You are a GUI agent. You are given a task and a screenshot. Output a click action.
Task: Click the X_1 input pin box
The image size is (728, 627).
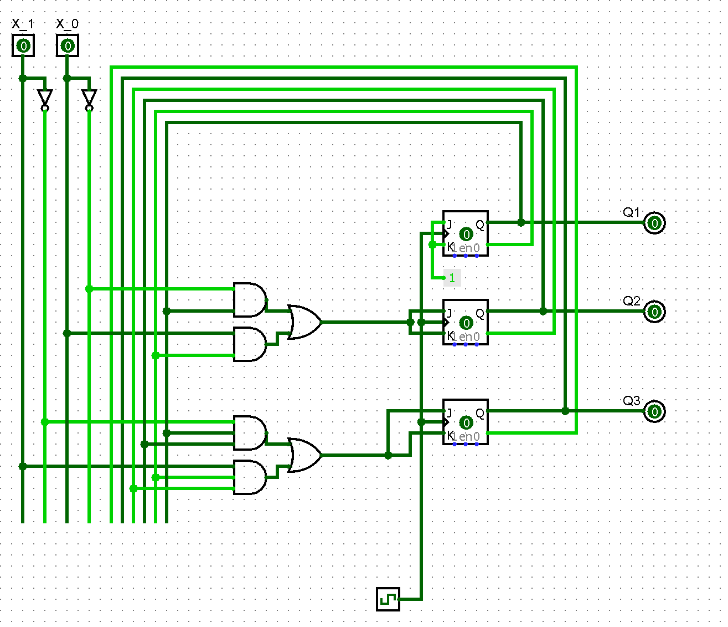pyautogui.click(x=23, y=45)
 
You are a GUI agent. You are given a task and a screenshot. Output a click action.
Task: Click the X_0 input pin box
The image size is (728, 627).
pyautogui.click(x=68, y=45)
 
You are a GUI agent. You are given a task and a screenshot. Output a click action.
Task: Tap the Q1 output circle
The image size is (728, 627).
pyautogui.click(x=654, y=223)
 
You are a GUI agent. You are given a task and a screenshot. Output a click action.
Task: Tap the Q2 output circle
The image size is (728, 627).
pyautogui.click(x=654, y=312)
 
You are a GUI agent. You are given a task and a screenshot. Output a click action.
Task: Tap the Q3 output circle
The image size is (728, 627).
pyautogui.click(x=654, y=411)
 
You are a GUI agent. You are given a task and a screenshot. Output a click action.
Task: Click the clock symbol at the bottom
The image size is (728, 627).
pyautogui.click(x=388, y=599)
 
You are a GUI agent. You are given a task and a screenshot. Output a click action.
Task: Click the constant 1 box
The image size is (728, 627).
pyautogui.click(x=452, y=278)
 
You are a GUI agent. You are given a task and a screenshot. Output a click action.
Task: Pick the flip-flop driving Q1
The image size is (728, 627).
pyautogui.click(x=466, y=233)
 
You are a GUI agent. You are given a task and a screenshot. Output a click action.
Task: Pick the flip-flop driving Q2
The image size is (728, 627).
pyautogui.click(x=466, y=322)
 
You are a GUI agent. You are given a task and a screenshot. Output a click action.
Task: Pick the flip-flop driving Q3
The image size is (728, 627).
pyautogui.click(x=466, y=422)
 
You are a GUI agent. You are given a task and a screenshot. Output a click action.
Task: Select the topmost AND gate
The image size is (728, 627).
pyautogui.click(x=249, y=299)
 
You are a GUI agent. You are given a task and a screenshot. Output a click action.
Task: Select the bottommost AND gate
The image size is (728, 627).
pyautogui.click(x=249, y=477)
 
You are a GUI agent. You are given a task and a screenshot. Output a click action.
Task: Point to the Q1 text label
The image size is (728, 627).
pyautogui.click(x=631, y=212)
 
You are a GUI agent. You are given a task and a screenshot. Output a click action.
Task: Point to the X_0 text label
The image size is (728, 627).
pyautogui.click(x=67, y=24)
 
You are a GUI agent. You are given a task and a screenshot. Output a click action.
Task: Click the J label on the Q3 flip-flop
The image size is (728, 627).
pyautogui.click(x=449, y=413)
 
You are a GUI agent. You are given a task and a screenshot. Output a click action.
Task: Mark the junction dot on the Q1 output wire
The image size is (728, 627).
pyautogui.click(x=521, y=222)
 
